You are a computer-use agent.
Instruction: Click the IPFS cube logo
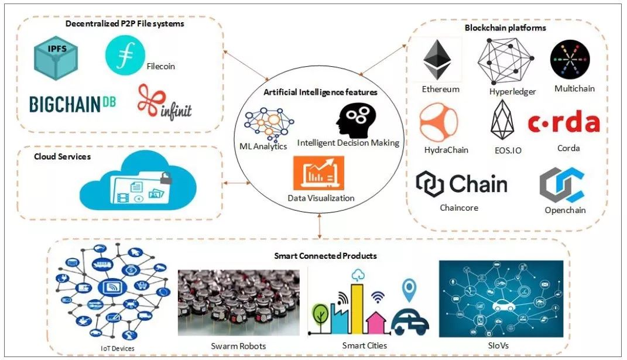56,57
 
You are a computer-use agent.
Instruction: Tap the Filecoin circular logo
125,54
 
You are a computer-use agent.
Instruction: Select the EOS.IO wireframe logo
502,119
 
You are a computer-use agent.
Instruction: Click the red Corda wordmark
564,123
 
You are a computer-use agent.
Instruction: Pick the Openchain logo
561,186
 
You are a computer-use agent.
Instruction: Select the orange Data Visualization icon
318,173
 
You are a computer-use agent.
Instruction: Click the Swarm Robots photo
238,302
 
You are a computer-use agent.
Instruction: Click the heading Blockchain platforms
505,28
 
